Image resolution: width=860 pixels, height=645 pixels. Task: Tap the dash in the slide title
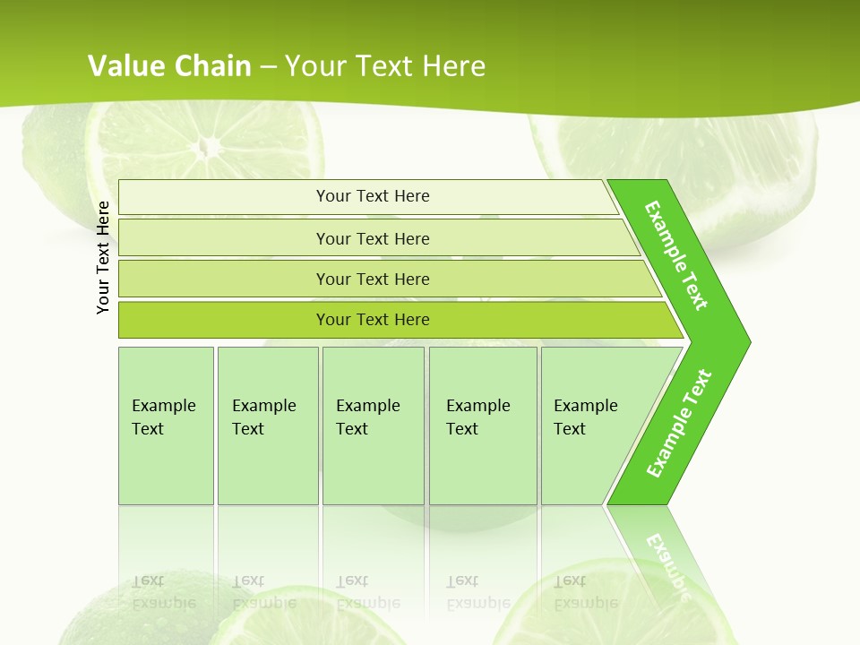(268, 67)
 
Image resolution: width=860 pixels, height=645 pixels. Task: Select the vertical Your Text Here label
(103, 257)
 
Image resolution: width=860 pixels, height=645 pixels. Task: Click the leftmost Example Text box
(166, 426)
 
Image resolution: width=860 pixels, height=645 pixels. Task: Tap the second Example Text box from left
(268, 426)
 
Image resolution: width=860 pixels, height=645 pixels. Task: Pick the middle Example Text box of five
(373, 426)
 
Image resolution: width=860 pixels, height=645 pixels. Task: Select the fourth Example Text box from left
(483, 426)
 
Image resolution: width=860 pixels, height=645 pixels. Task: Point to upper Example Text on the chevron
(676, 255)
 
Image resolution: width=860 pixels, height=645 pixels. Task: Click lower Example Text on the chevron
(679, 423)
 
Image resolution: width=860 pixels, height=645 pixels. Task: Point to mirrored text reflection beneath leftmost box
(164, 592)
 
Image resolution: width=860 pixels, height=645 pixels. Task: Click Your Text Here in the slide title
(385, 66)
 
